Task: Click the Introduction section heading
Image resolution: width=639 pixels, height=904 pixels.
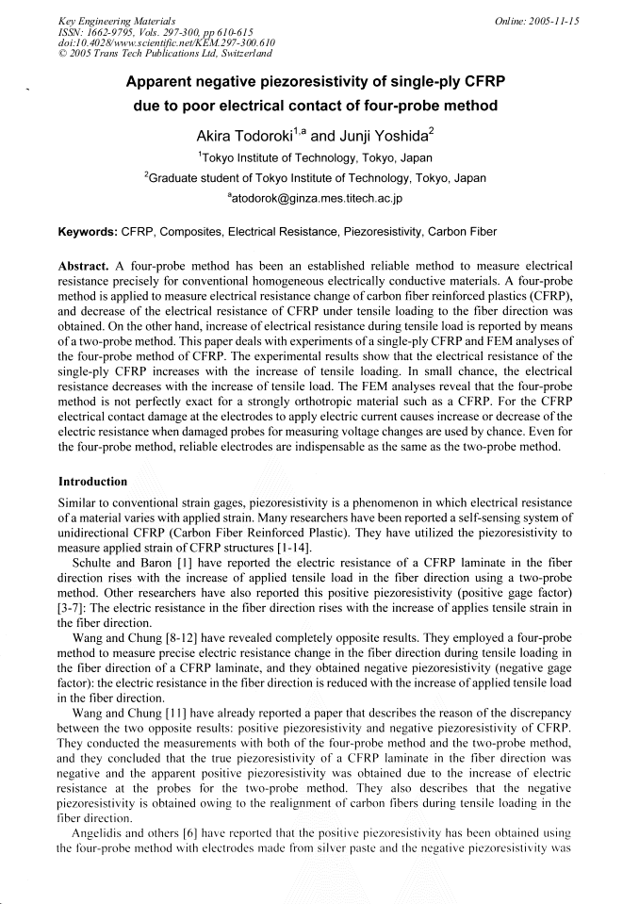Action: tap(92, 482)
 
